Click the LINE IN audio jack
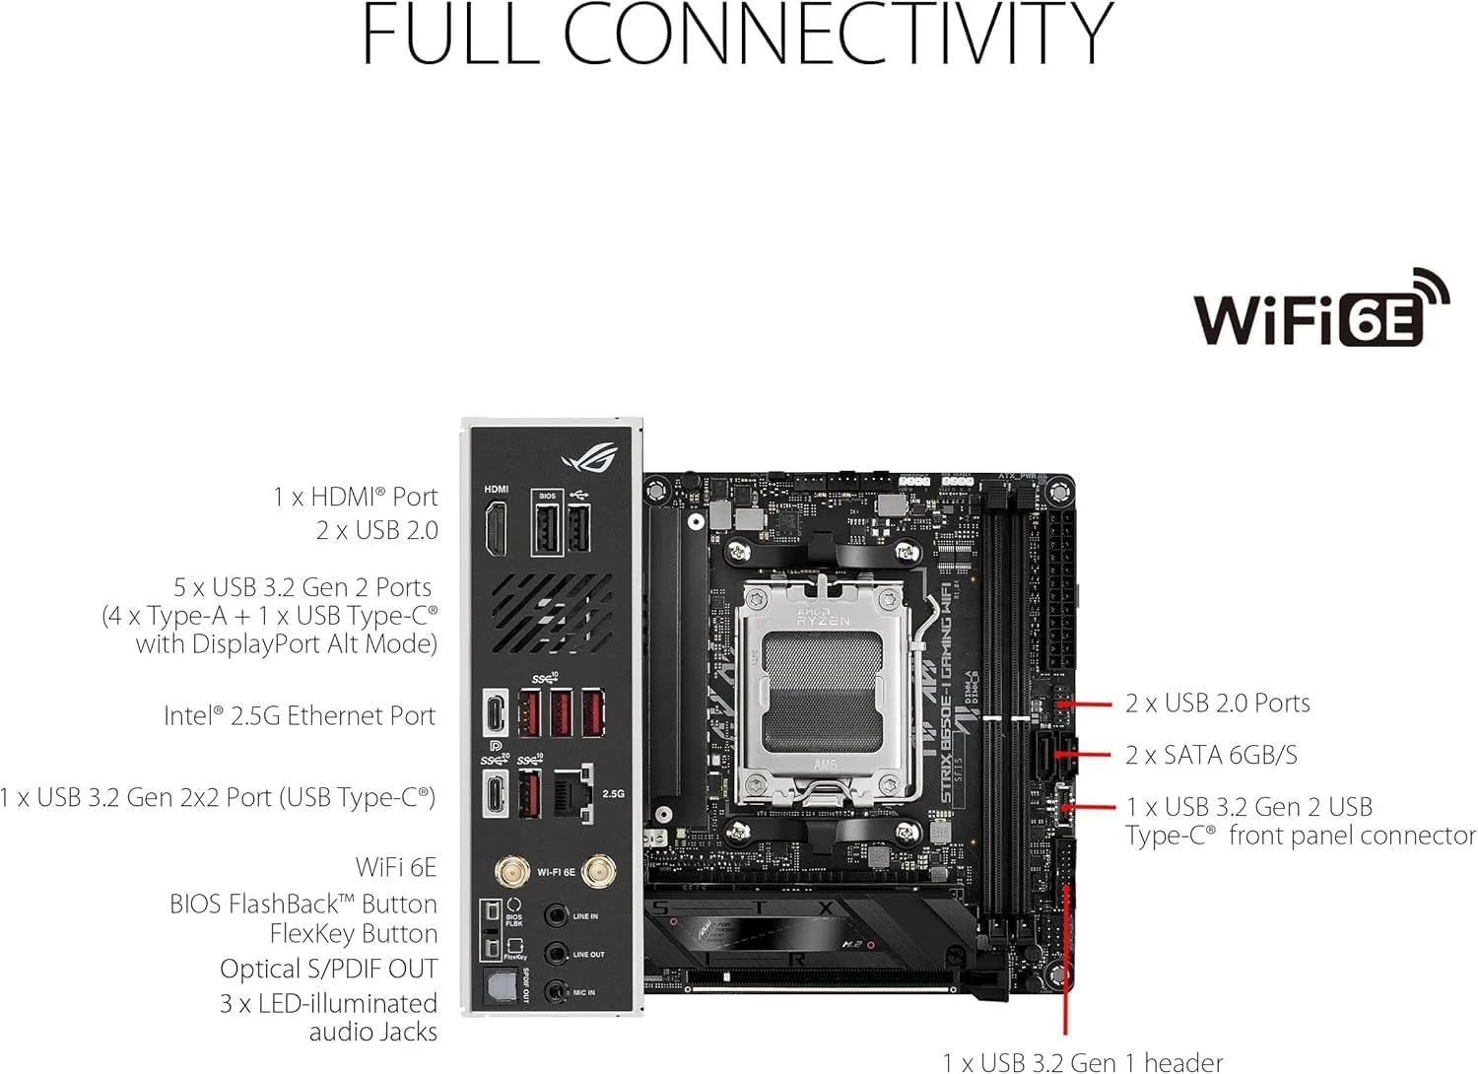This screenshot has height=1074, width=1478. tap(558, 915)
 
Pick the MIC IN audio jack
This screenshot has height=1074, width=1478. tap(558, 991)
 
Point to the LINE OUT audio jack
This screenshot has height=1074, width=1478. tap(558, 954)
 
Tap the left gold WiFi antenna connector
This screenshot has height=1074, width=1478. tap(510, 871)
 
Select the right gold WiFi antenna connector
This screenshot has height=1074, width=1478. tap(594, 871)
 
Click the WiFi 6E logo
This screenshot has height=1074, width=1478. tap(1320, 310)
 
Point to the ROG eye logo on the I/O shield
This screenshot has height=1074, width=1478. tap(589, 457)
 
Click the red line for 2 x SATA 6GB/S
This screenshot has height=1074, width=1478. tap(1084, 755)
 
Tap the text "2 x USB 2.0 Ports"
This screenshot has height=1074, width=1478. tap(1218, 703)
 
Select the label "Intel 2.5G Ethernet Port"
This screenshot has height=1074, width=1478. tap(300, 716)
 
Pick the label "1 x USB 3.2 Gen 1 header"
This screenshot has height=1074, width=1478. tap(1083, 1061)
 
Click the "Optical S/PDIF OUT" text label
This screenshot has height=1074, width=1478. tap(328, 969)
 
